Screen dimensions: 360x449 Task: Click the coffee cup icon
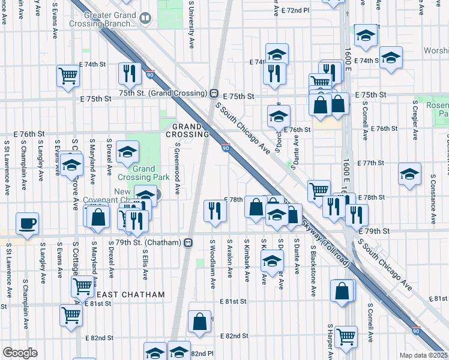pos(28,224)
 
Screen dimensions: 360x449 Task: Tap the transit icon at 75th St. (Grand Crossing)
pos(214,94)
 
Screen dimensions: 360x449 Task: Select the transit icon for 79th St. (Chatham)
pos(188,242)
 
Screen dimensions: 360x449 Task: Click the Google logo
pos(20,353)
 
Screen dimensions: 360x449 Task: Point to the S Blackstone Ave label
pos(313,270)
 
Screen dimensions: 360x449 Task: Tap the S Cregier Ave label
pos(415,119)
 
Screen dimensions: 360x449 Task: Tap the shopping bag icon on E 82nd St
pos(199,322)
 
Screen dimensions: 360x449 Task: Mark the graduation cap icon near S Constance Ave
pos(409,175)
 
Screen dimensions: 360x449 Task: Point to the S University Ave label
pos(191,25)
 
